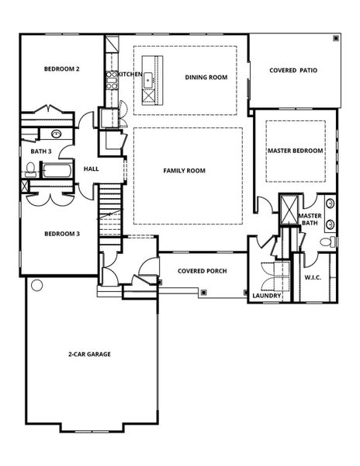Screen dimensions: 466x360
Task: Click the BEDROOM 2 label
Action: click(62, 69)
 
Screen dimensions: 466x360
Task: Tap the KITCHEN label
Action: click(130, 74)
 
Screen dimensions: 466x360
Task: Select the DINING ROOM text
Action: click(206, 77)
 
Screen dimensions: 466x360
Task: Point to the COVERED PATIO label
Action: click(292, 70)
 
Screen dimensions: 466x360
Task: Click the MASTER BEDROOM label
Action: click(295, 150)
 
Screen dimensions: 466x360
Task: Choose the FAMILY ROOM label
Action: click(184, 170)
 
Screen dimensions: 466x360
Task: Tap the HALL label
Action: click(91, 169)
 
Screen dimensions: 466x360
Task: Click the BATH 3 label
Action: click(41, 151)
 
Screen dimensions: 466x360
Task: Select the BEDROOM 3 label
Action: click(62, 234)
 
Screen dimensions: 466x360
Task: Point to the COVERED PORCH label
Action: click(202, 271)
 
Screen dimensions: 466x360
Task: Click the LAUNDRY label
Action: click(265, 295)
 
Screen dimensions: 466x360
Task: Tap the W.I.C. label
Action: click(313, 276)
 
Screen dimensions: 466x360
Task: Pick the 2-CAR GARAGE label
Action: click(88, 354)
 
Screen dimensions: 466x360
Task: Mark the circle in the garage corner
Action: click(36, 285)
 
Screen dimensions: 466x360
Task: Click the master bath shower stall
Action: click(289, 210)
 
